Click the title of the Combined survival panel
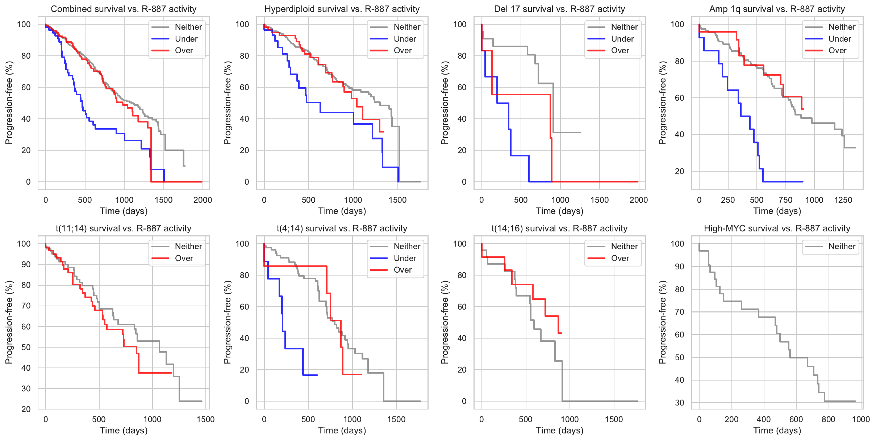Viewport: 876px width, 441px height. (124, 9)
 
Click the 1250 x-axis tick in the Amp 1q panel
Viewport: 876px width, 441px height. (843, 200)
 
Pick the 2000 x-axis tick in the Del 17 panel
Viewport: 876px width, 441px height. (638, 200)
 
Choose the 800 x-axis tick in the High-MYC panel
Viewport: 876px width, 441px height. (829, 419)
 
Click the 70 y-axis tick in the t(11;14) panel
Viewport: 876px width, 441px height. (26, 306)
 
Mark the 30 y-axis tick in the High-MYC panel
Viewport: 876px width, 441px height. (679, 403)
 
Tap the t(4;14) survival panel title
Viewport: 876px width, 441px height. (342, 228)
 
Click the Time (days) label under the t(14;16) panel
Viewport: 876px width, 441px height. (560, 430)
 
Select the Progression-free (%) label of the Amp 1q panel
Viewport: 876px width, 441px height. (663, 103)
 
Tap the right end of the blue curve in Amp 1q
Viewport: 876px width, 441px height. (803, 182)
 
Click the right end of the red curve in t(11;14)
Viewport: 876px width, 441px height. (171, 373)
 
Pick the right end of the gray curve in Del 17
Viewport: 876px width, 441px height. (580, 133)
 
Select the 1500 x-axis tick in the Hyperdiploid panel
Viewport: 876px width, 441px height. (397, 200)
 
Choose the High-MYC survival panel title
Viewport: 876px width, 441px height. (777, 228)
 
